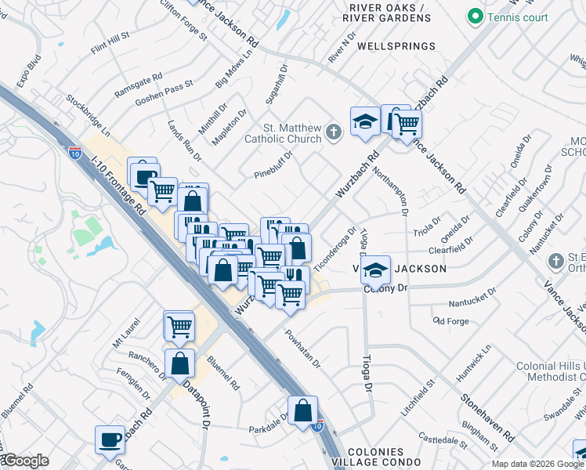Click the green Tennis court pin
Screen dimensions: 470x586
(x=474, y=16)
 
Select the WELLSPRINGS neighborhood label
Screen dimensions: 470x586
(x=396, y=46)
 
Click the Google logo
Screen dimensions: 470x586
(x=25, y=461)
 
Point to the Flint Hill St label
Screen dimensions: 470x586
(x=110, y=43)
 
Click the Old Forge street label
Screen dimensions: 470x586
(x=450, y=321)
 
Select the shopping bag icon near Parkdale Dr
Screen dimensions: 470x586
(x=302, y=410)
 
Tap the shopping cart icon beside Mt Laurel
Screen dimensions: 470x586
(x=179, y=325)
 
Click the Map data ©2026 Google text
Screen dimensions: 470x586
(x=537, y=464)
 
